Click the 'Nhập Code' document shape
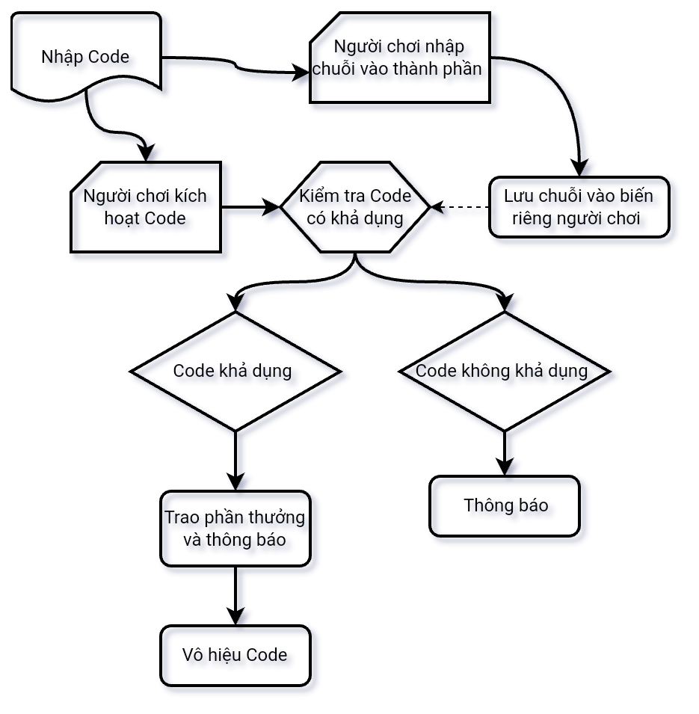click(86, 57)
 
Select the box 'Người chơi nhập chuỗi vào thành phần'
click(401, 58)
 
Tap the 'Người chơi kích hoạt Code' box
click(145, 207)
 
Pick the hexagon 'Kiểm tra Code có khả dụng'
click(355, 207)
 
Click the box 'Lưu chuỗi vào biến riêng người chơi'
click(579, 207)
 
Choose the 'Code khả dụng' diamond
click(235, 371)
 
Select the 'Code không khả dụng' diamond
click(505, 371)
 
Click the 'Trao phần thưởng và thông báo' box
click(235, 529)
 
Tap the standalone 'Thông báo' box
click(505, 506)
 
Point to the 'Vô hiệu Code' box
click(235, 656)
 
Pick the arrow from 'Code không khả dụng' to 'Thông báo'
click(505, 452)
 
